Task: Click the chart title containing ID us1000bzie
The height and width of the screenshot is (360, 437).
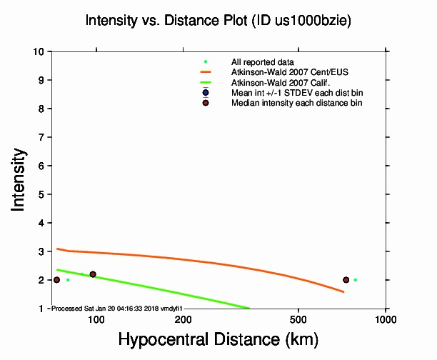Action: (218, 21)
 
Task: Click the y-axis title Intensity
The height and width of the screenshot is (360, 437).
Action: (20, 179)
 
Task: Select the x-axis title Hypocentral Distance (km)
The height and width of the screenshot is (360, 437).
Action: (218, 338)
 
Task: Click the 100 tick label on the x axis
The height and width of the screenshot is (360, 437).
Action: (96, 319)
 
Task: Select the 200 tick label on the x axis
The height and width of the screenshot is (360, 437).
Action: (184, 319)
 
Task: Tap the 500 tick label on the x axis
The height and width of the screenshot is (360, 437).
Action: (298, 319)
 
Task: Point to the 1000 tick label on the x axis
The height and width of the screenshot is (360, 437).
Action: (386, 319)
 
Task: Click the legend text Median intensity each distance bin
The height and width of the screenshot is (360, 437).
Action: (296, 103)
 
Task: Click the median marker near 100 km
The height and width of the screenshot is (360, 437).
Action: (93, 274)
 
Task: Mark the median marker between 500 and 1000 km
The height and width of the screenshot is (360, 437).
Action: (346, 280)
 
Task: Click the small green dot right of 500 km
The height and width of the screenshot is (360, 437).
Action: (355, 280)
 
